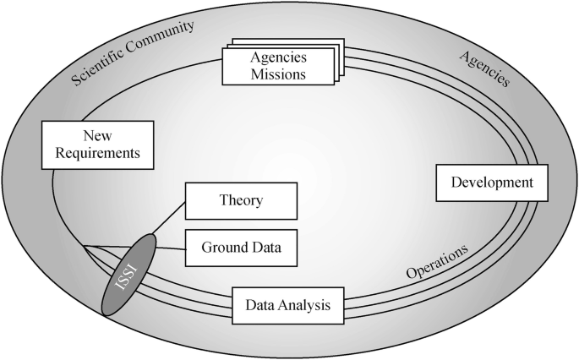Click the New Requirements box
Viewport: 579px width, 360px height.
98,145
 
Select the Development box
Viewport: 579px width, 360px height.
492,183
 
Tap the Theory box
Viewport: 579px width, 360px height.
241,201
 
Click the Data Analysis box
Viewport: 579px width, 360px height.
287,305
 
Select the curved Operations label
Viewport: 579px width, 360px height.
436,263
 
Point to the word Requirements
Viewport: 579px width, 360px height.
98,154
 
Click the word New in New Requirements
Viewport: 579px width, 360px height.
98,135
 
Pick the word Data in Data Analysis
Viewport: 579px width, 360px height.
259,305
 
